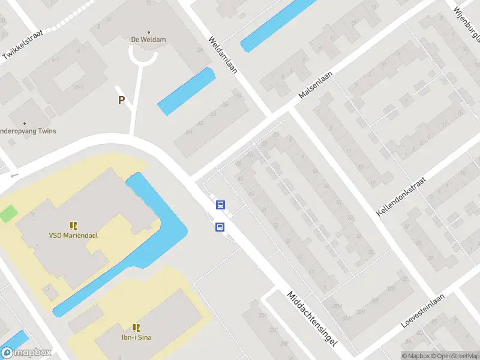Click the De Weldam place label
[148, 40]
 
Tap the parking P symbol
[121, 100]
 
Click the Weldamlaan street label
[223, 55]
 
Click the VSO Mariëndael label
[73, 235]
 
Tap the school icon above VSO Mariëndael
[73, 226]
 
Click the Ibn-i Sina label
[137, 337]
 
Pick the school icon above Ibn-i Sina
[137, 328]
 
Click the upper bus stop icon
[220, 205]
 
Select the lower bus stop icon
[220, 227]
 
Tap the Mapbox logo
[26, 352]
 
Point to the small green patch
[8, 213]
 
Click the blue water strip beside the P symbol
[186, 91]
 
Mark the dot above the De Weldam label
[148, 32]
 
